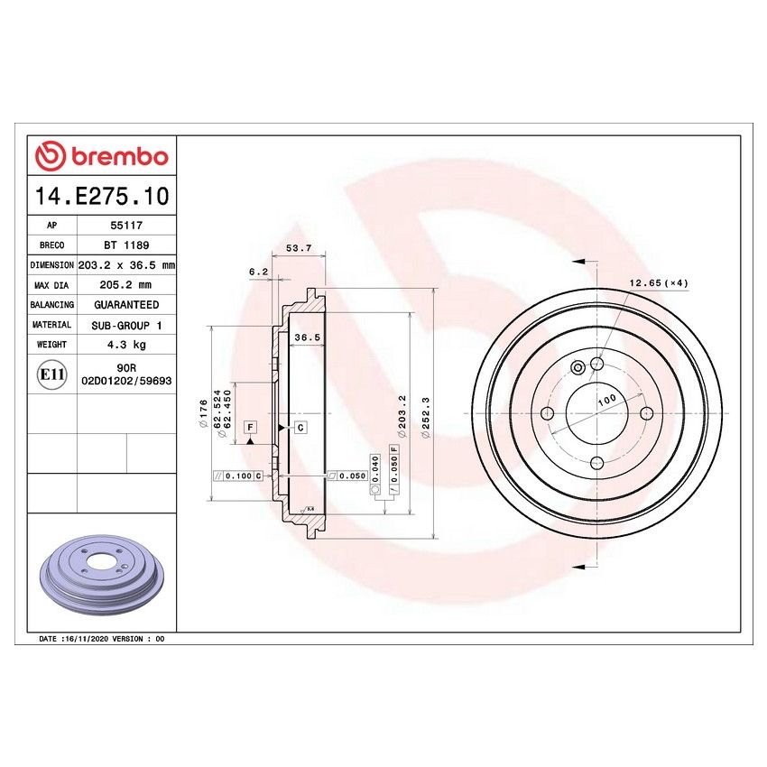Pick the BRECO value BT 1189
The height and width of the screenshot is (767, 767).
point(125,245)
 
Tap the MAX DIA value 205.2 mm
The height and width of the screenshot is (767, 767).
point(125,285)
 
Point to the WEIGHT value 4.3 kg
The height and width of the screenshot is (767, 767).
point(125,344)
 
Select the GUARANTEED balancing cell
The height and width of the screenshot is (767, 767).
point(125,305)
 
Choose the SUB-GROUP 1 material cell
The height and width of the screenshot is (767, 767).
point(125,325)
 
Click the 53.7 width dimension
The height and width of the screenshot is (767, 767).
point(298,248)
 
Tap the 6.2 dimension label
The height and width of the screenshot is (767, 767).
point(258,271)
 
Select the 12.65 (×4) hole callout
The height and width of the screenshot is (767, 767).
point(659,283)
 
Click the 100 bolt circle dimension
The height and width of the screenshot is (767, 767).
point(606,398)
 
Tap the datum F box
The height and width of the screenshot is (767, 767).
point(249,426)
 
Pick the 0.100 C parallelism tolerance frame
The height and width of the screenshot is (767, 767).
point(237,475)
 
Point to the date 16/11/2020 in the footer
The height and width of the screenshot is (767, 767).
point(84,638)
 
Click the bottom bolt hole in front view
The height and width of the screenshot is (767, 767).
point(596,462)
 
